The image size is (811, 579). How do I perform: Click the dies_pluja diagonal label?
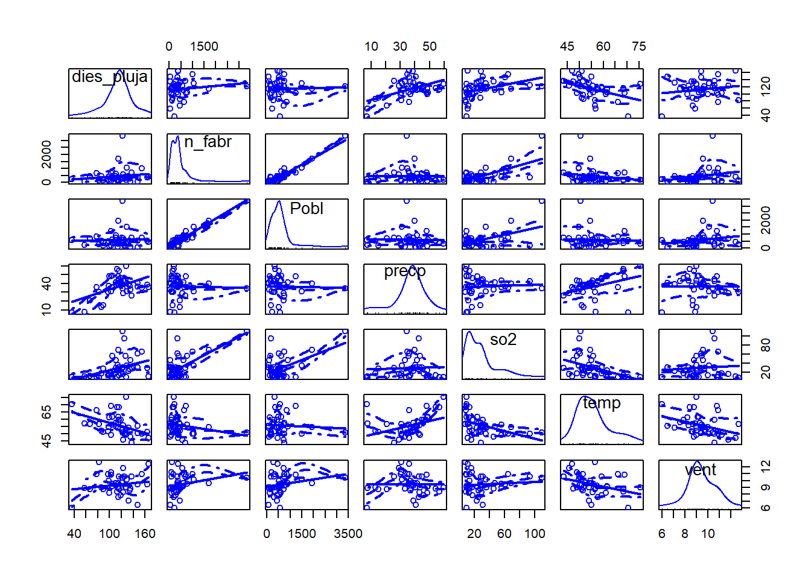click(110, 77)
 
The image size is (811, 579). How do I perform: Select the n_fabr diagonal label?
click(208, 142)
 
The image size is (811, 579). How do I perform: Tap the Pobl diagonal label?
click(307, 209)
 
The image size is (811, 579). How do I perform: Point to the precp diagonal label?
click(405, 271)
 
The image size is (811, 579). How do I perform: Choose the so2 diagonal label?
click(503, 340)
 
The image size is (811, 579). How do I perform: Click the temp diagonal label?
click(602, 403)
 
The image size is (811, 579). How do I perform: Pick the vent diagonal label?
click(700, 470)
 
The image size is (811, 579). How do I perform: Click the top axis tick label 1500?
click(204, 46)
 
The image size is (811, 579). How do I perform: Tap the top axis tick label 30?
click(400, 46)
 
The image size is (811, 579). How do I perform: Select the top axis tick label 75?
click(639, 46)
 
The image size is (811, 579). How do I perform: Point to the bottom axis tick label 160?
click(145, 534)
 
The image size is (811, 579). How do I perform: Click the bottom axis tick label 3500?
click(348, 534)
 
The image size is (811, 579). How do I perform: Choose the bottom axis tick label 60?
click(504, 534)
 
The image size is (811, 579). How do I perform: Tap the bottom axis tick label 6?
click(662, 534)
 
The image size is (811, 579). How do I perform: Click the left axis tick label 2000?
click(46, 154)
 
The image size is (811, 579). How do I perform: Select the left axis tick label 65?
click(46, 412)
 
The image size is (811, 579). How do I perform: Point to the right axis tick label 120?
click(766, 86)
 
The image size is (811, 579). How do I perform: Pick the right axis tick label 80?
click(766, 346)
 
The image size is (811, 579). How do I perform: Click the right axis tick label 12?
click(766, 466)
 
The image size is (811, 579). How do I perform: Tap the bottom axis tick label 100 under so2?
click(535, 534)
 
